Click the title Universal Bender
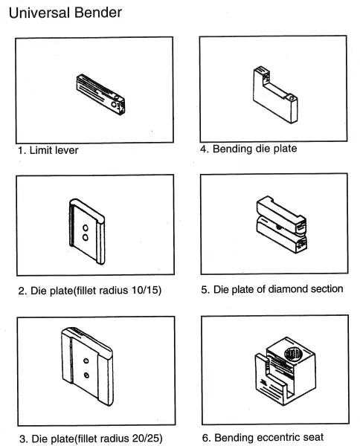click(x=65, y=13)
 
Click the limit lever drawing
click(x=100, y=94)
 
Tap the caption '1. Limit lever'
click(x=48, y=150)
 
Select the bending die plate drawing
click(x=275, y=94)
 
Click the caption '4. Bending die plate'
click(x=248, y=149)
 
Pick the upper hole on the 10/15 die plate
click(x=86, y=228)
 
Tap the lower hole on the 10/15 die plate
click(x=85, y=238)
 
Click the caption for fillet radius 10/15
click(x=90, y=291)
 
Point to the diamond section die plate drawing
click(x=281, y=224)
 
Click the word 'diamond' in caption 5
click(x=288, y=289)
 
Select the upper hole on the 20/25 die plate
click(x=86, y=361)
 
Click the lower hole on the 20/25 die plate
click(x=86, y=375)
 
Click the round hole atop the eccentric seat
click(x=293, y=354)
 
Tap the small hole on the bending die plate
click(x=291, y=98)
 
